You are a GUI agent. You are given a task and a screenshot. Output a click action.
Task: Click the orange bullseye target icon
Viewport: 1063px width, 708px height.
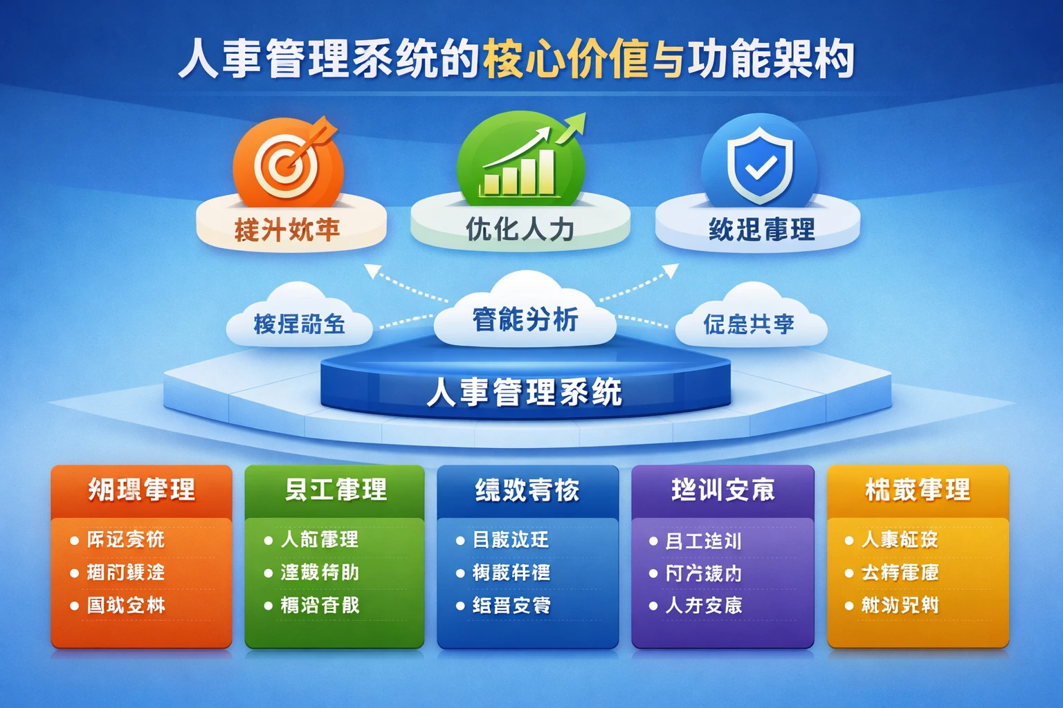[x=287, y=165]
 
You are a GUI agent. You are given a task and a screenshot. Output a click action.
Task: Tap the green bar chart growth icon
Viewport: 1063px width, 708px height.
[x=520, y=163]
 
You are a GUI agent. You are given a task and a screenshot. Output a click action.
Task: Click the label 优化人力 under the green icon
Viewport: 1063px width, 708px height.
[x=520, y=229]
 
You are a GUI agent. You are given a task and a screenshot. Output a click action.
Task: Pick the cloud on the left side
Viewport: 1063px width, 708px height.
[x=299, y=320]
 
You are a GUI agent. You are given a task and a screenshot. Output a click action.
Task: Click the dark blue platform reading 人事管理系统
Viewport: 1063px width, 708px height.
[x=525, y=392]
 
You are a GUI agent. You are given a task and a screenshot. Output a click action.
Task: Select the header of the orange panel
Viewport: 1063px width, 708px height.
[x=141, y=490]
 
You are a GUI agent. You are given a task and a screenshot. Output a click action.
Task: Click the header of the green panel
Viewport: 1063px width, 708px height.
[x=335, y=490]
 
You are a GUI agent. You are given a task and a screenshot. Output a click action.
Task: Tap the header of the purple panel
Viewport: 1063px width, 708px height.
[x=723, y=490]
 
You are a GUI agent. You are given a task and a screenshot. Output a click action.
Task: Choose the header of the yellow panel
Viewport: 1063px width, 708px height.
[x=918, y=490]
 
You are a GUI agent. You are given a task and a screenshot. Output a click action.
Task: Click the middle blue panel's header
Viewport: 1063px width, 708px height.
[x=527, y=490]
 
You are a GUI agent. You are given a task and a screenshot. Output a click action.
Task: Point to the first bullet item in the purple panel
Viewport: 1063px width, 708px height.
[x=703, y=541]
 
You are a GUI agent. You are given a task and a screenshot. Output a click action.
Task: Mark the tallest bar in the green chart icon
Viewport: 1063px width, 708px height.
[x=546, y=171]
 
